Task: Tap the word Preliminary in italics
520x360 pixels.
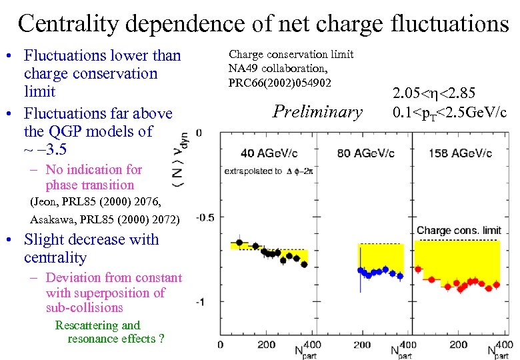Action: click(318, 111)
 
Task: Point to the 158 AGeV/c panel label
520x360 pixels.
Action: click(459, 154)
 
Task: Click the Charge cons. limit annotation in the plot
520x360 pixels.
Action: click(459, 231)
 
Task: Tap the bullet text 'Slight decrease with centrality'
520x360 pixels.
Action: click(91, 248)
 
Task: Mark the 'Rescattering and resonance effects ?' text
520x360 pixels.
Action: click(110, 332)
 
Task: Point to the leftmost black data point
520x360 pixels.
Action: click(239, 243)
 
